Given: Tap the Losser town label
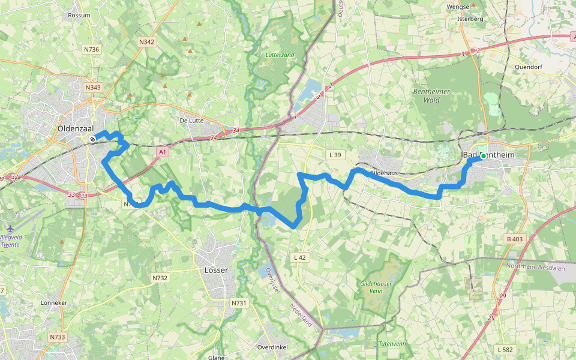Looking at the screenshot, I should [x=216, y=270].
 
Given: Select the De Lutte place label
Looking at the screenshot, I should [x=191, y=120].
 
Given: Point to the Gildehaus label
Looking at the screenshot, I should [x=384, y=173].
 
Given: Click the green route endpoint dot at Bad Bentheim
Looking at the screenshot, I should [x=483, y=156].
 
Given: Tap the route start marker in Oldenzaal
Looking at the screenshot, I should [x=92, y=139].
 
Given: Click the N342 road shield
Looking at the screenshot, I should [x=146, y=42].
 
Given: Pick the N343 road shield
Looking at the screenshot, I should [x=93, y=88].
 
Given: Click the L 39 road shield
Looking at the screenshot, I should [x=335, y=155].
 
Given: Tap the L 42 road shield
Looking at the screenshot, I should [x=300, y=257].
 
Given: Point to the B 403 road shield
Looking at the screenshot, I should [x=514, y=239].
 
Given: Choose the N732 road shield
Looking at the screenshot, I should [x=160, y=278].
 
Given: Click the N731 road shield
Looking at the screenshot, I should [x=238, y=304].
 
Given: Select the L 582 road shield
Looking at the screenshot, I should [x=505, y=349].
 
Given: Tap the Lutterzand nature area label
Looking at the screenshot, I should [x=280, y=55].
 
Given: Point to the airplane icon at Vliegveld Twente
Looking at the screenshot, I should [x=10, y=229].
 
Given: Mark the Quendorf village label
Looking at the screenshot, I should [x=528, y=67].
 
